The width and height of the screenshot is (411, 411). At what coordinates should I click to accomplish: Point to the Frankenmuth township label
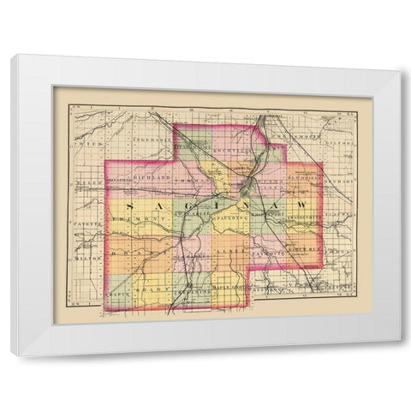(x=301, y=220)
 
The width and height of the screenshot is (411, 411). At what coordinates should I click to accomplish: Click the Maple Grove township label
(x=229, y=289)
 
